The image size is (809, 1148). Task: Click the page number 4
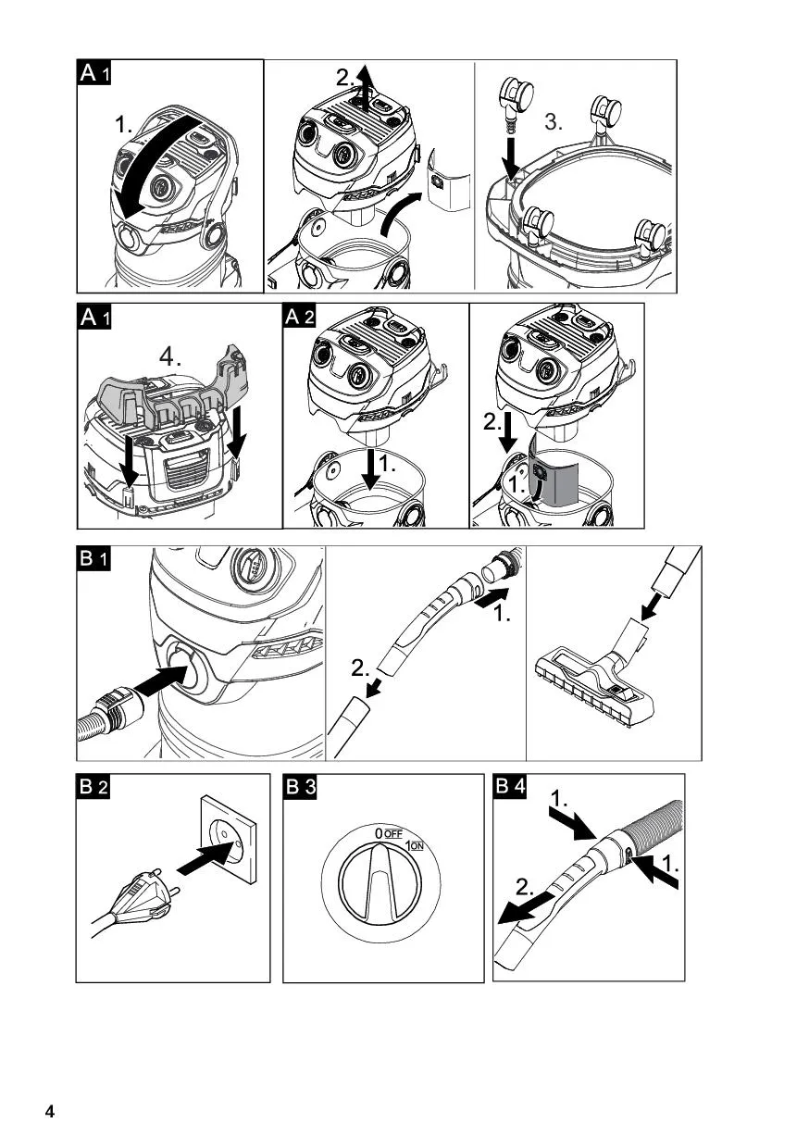(x=50, y=1112)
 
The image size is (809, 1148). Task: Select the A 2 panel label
(x=300, y=318)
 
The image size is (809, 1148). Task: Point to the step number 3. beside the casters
(x=554, y=122)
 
